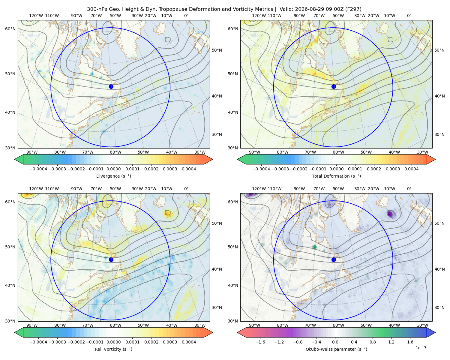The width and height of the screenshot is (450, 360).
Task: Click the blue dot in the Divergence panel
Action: click(x=111, y=86)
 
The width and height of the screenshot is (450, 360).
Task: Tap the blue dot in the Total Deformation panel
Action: click(x=334, y=86)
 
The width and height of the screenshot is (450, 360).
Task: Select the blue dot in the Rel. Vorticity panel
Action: click(x=111, y=259)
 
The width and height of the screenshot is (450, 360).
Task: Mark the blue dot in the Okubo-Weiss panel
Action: click(x=334, y=259)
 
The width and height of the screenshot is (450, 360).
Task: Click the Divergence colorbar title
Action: click(x=113, y=176)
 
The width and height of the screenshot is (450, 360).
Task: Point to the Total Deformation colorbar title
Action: click(x=336, y=176)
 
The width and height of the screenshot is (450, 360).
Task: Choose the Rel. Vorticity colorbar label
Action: click(x=113, y=349)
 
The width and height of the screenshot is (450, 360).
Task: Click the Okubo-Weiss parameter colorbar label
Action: click(x=336, y=349)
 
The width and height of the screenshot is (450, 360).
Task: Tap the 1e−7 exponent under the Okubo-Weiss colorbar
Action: click(x=421, y=348)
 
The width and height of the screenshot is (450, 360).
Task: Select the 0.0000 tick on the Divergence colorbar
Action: click(x=113, y=169)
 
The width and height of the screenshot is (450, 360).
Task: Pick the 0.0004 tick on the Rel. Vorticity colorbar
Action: click(x=189, y=342)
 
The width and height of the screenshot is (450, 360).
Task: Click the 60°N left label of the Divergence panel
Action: click(x=10, y=29)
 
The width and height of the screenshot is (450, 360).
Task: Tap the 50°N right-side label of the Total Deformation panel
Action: click(x=439, y=50)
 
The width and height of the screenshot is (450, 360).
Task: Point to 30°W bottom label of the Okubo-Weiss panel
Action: click(x=423, y=325)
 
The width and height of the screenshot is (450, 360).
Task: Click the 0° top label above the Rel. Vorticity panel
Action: click(x=186, y=189)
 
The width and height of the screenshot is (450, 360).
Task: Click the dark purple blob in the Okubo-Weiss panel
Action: click(x=390, y=213)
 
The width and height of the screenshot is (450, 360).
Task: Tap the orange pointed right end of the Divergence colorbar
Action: click(x=208, y=159)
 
